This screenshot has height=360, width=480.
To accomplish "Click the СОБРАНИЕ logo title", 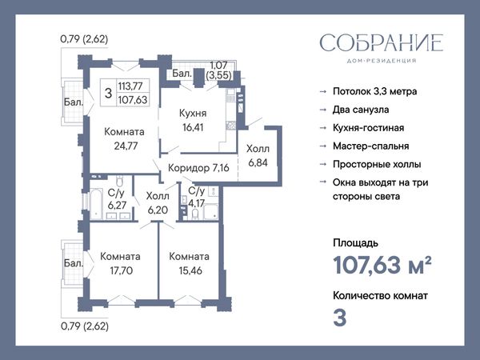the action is [x=382, y=43].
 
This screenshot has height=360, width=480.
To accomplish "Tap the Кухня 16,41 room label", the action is [x=193, y=120].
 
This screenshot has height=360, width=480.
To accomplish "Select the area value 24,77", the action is [x=126, y=146].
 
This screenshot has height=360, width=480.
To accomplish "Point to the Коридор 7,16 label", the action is [x=198, y=168].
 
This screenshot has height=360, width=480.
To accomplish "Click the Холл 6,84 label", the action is [x=258, y=155].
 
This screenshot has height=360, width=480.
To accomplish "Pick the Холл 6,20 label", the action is [x=158, y=202].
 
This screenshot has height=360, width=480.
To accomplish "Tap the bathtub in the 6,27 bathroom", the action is [x=96, y=204].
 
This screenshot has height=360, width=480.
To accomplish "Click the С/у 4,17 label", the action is [x=197, y=197].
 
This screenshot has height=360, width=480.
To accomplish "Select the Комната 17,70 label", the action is [x=121, y=263].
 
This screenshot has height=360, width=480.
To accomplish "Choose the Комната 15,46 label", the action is [x=190, y=263].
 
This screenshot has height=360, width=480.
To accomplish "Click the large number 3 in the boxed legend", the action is [x=108, y=93].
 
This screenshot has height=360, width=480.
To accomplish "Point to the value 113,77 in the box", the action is [x=130, y=86].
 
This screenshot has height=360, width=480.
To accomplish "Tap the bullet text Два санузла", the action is [x=361, y=110].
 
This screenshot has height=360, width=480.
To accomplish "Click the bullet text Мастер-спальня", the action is [x=370, y=146].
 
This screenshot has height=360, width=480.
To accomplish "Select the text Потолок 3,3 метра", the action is [x=374, y=91].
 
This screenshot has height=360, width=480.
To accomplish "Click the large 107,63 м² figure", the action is [x=382, y=265].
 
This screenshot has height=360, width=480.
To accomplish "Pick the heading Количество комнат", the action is [x=380, y=296].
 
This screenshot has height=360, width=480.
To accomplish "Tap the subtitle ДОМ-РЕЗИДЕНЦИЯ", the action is [x=382, y=61].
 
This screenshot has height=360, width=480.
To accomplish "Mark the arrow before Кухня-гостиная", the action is [x=323, y=128].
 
